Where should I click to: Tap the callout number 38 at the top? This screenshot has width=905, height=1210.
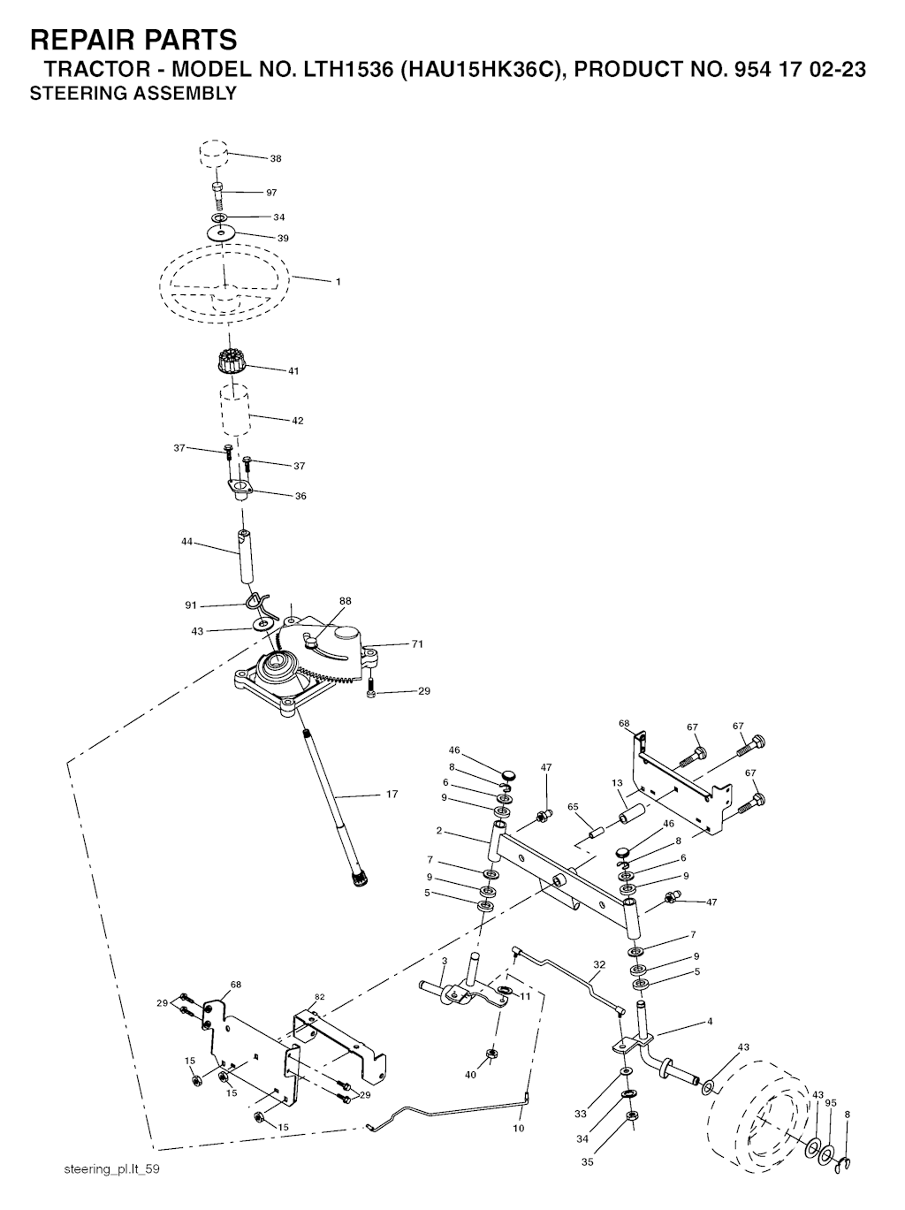click(x=276, y=159)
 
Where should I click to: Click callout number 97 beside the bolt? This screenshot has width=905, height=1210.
click(x=270, y=193)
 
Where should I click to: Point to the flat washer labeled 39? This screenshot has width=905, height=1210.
click(x=222, y=233)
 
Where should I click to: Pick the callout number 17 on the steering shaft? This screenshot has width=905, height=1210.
click(x=392, y=795)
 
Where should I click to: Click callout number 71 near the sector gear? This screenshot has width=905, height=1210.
click(x=417, y=643)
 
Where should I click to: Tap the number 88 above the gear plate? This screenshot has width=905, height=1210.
click(x=345, y=601)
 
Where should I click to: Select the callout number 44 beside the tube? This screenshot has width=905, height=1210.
click(x=186, y=542)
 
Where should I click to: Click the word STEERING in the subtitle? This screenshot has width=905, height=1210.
click(x=66, y=94)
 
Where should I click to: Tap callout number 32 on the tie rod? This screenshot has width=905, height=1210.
click(x=600, y=964)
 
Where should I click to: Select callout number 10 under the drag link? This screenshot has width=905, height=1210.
click(x=519, y=1129)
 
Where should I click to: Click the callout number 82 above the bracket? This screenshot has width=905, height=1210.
click(x=320, y=997)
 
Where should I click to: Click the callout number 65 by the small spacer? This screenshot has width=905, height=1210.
click(x=574, y=807)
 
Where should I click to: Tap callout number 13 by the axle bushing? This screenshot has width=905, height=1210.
click(x=617, y=783)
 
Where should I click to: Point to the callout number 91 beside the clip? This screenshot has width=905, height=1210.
click(x=191, y=605)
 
